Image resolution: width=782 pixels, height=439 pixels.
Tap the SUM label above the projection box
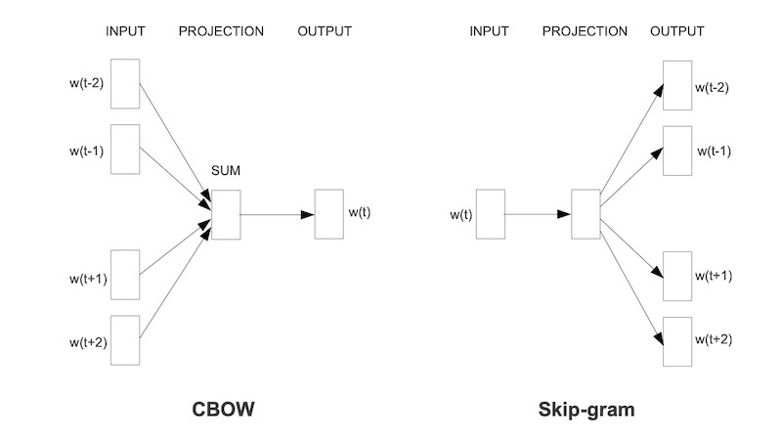click(226, 172)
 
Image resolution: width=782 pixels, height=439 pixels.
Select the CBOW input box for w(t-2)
click(125, 82)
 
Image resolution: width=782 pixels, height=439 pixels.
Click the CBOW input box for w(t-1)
click(125, 148)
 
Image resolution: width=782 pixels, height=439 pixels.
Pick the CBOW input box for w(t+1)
click(125, 275)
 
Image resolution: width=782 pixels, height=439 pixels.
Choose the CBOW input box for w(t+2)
click(125, 339)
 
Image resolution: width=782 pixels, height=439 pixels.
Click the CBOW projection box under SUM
click(226, 213)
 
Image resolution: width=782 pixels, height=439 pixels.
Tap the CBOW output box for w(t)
click(329, 213)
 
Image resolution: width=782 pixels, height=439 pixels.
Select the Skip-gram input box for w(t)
click(490, 213)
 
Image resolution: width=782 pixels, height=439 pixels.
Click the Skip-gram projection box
click(585, 213)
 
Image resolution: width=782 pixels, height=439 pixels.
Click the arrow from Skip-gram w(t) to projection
click(538, 213)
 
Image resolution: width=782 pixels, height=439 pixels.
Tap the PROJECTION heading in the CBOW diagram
click(221, 31)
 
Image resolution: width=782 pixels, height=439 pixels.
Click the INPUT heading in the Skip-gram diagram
click(490, 31)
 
